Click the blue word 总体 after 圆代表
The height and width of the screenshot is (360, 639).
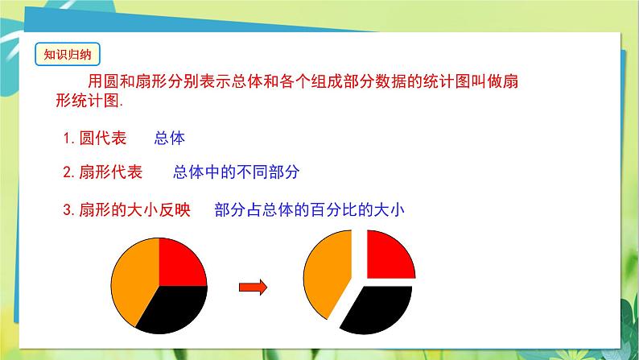tap(169, 138)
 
